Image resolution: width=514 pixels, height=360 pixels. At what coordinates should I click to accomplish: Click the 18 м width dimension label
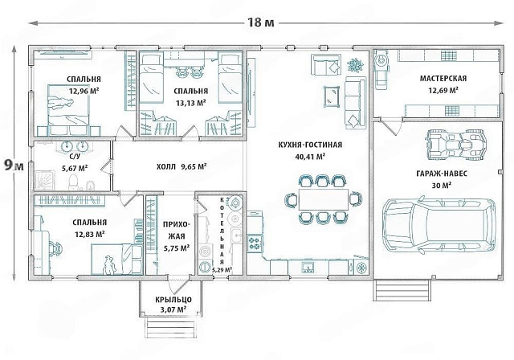click(x=260, y=22)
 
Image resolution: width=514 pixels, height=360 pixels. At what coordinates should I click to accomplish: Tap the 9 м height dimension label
click(x=14, y=166)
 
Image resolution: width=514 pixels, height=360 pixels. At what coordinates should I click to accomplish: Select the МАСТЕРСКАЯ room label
click(x=443, y=79)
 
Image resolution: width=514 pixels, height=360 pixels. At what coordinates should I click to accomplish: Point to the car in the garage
click(x=439, y=226)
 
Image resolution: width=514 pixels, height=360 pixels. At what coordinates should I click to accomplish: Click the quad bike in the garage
click(x=455, y=144)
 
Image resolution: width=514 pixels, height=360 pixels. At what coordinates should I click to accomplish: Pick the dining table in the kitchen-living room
click(x=323, y=199)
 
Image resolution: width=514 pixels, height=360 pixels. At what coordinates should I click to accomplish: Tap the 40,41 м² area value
click(x=310, y=157)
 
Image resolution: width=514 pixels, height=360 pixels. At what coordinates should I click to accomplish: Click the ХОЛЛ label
click(x=166, y=166)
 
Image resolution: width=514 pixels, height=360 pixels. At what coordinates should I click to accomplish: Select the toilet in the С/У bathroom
click(x=74, y=182)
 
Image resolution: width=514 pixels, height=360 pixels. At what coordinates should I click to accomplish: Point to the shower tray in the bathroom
click(x=44, y=181)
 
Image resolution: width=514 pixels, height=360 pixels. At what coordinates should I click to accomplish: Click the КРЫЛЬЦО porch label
click(x=173, y=300)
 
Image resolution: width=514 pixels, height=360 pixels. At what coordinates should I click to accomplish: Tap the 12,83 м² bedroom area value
click(x=90, y=235)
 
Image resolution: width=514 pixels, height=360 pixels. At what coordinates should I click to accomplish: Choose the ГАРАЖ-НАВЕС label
click(x=442, y=174)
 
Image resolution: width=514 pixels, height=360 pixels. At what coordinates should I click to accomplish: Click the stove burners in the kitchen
click(x=255, y=243)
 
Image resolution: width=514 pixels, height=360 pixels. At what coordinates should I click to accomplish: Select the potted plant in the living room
click(x=355, y=65)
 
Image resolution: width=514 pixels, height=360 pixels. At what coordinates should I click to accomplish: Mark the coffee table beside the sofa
click(x=332, y=96)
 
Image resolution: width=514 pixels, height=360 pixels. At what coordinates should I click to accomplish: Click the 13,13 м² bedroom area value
click(x=191, y=104)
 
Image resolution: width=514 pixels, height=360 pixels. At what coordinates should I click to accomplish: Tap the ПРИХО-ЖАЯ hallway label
click(x=177, y=231)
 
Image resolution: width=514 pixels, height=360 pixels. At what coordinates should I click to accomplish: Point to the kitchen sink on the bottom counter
click(x=308, y=268)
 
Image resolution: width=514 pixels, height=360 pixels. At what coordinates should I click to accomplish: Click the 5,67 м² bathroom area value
click(x=75, y=169)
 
